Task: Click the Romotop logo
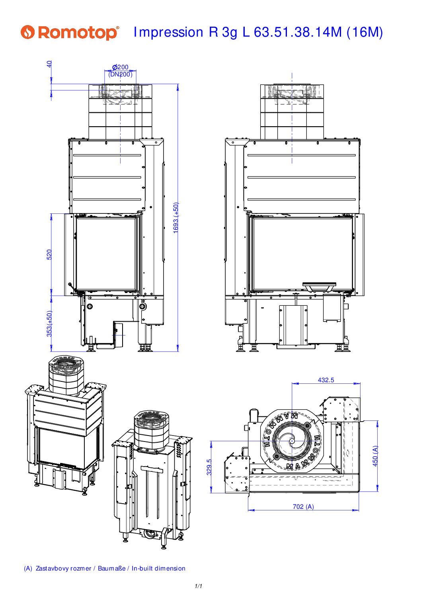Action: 70,32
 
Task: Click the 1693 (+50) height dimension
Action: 176,218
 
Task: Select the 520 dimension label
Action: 49,254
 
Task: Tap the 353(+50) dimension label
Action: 49,324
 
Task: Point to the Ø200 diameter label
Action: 120,67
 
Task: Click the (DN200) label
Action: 120,74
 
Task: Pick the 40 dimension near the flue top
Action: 49,64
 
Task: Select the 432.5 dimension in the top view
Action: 326,380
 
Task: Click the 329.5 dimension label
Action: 209,467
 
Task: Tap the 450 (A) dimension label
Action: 375,456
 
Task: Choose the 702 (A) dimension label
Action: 303,507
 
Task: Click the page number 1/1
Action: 199,586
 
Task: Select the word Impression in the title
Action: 168,32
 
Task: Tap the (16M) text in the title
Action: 364,32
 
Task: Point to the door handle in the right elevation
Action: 319,286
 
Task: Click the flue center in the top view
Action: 292,441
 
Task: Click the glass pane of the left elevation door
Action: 106,254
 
